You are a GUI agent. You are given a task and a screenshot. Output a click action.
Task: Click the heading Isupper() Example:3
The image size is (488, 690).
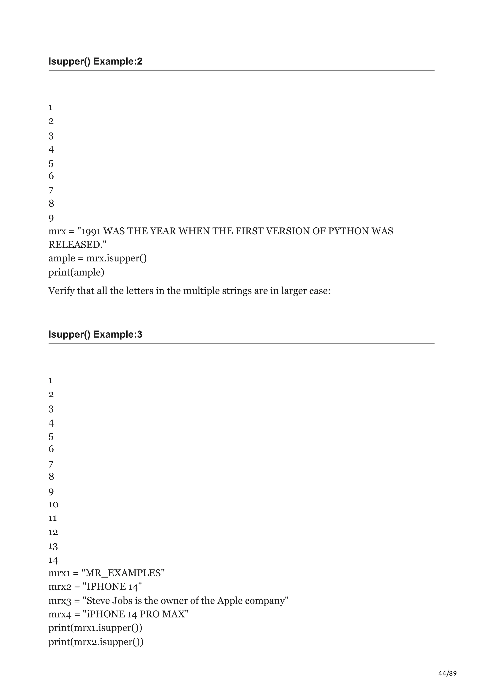(95, 334)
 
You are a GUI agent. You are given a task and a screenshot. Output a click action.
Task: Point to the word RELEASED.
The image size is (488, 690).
(75, 245)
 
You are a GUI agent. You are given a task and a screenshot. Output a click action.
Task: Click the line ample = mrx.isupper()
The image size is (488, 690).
(97, 258)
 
